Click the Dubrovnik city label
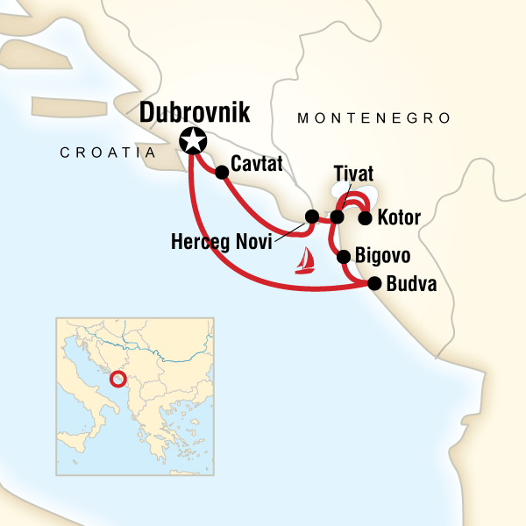pyautogui.click(x=193, y=112)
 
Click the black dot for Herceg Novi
pyautogui.click(x=311, y=216)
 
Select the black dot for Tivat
pyautogui.click(x=338, y=216)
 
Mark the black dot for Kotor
pyautogui.click(x=366, y=217)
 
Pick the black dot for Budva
pyautogui.click(x=375, y=283)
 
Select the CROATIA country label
pyautogui.click(x=107, y=153)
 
